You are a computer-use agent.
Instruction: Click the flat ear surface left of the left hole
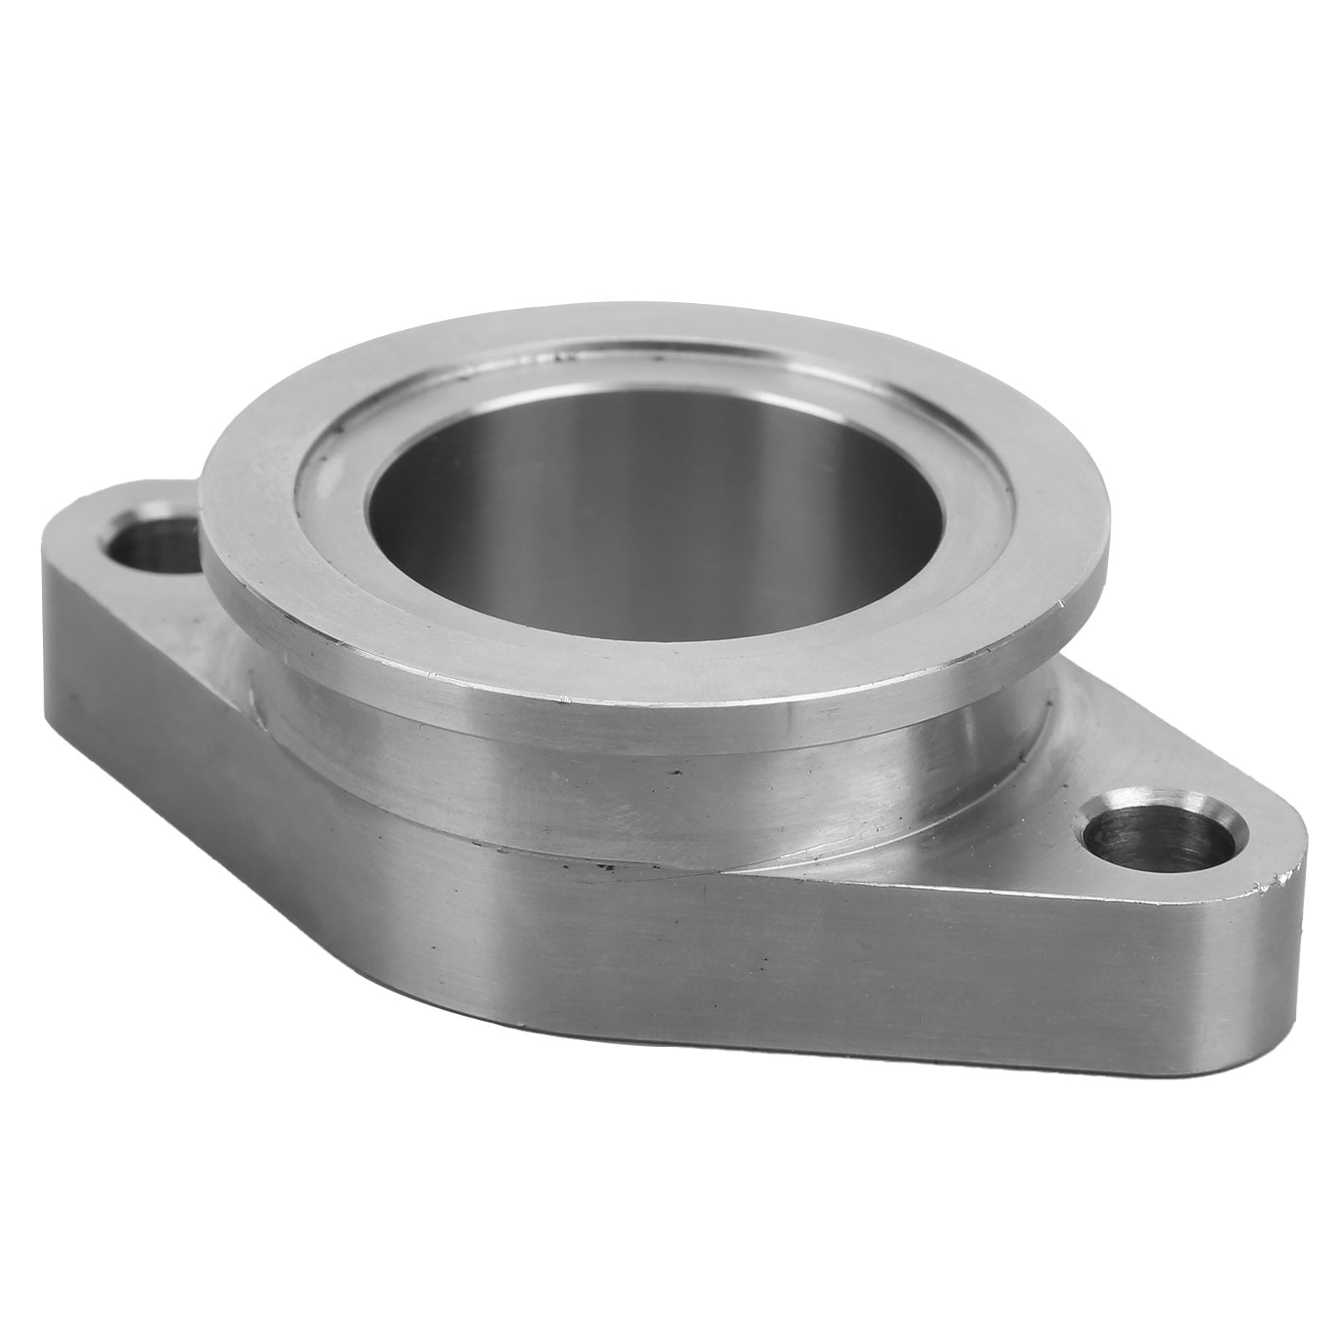(x=76, y=537)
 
